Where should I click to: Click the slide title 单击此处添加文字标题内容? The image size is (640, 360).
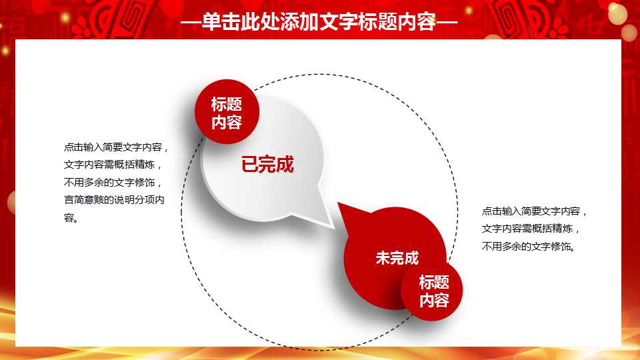(x=319, y=22)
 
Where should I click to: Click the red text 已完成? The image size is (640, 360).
(x=267, y=165)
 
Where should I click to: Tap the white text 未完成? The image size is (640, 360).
(x=397, y=258)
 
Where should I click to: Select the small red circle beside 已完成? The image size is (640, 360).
(x=227, y=111)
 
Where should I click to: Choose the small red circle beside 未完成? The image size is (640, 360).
(x=431, y=290)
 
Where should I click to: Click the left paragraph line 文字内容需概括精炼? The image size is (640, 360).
(x=110, y=165)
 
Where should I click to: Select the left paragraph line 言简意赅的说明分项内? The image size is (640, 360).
(x=114, y=200)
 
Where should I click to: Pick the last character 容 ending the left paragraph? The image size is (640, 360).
(x=69, y=217)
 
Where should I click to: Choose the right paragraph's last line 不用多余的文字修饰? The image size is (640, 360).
(x=528, y=247)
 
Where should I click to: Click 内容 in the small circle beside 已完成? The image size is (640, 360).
(x=227, y=122)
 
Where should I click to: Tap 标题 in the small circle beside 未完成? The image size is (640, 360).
(x=434, y=282)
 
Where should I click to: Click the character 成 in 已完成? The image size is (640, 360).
(x=285, y=165)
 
